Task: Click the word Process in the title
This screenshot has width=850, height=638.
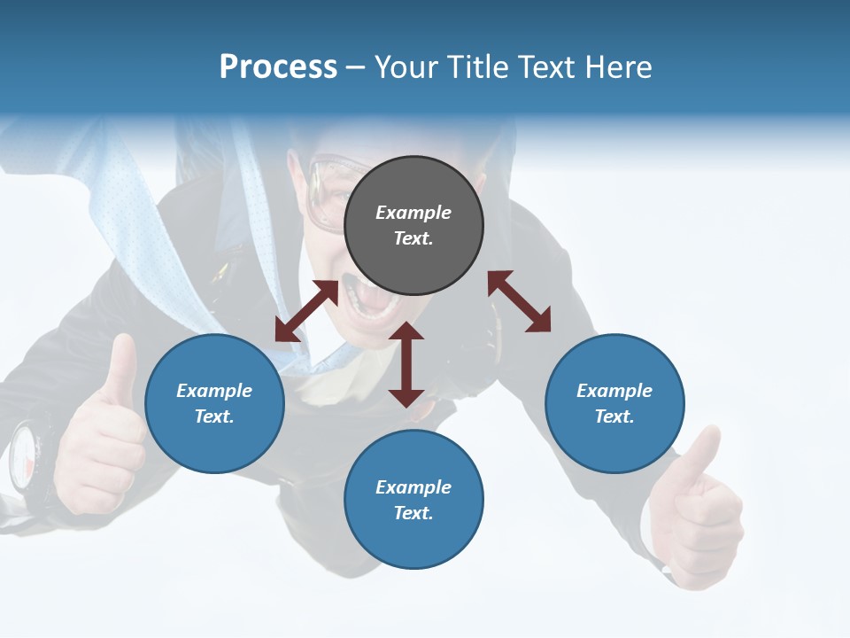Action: (278, 67)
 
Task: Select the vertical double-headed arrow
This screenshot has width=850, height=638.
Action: (406, 364)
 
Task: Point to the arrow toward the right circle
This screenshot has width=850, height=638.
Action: (519, 301)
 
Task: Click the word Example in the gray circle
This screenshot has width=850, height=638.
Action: (413, 213)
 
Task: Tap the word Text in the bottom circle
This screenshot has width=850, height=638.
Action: (412, 513)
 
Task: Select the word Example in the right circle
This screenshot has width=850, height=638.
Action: (614, 391)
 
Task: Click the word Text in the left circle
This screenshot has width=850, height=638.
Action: (212, 416)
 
